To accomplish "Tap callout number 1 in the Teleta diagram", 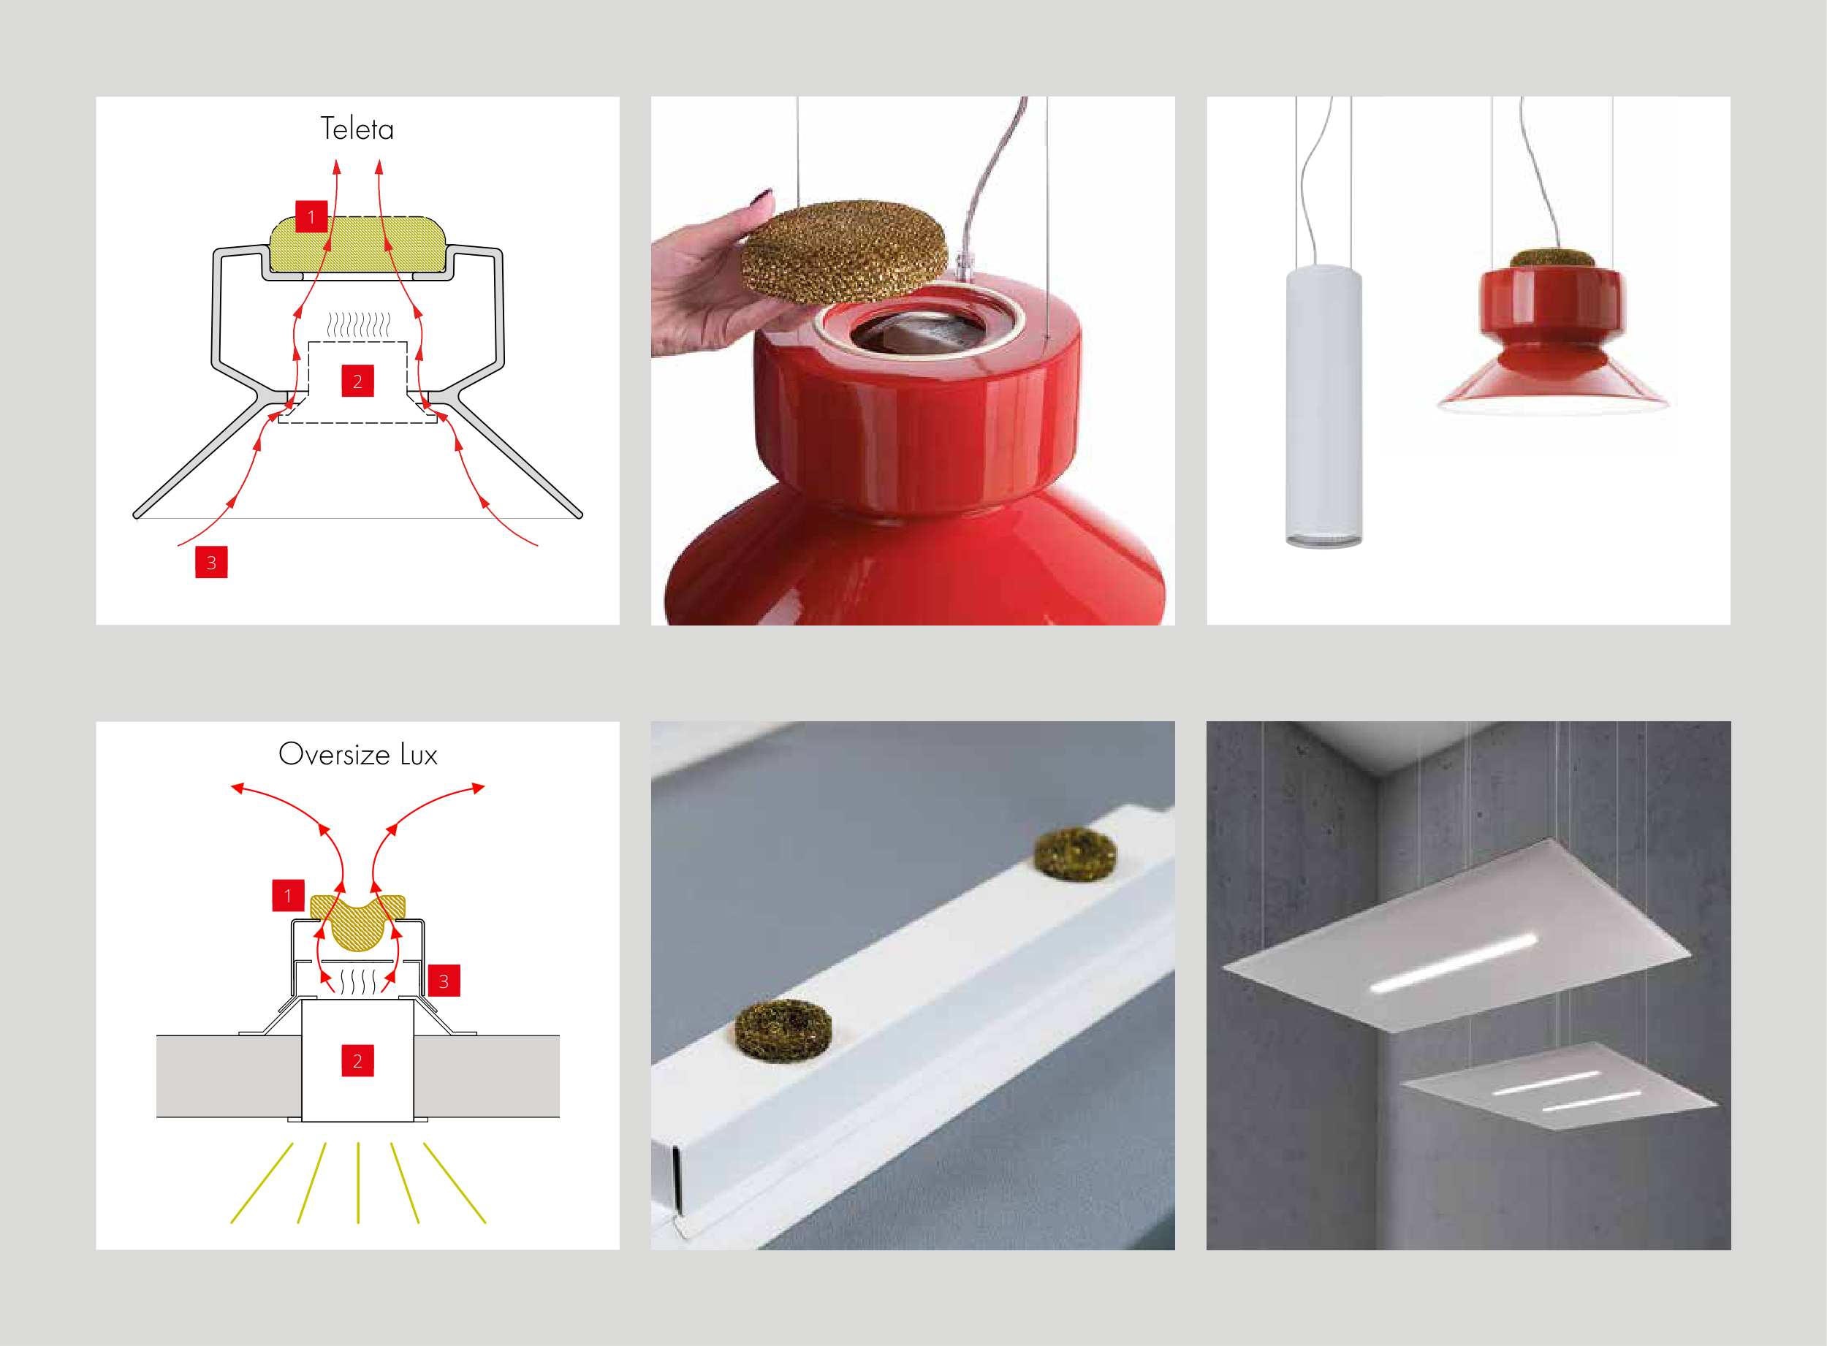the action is click(x=311, y=217).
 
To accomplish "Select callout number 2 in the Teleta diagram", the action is click(x=357, y=381).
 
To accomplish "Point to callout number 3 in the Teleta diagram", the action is click(x=211, y=562).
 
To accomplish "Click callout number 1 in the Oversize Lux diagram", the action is click(x=288, y=895).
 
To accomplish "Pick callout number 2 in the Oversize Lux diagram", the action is click(x=357, y=1061).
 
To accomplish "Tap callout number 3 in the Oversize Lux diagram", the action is click(x=444, y=981).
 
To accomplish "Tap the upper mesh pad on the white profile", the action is click(x=1076, y=853).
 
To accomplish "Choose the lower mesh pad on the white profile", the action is click(x=783, y=1030).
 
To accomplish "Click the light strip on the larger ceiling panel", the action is click(x=1453, y=964).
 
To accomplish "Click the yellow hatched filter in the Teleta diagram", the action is click(x=358, y=245).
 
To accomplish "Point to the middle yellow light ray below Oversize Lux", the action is click(x=358, y=1182).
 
